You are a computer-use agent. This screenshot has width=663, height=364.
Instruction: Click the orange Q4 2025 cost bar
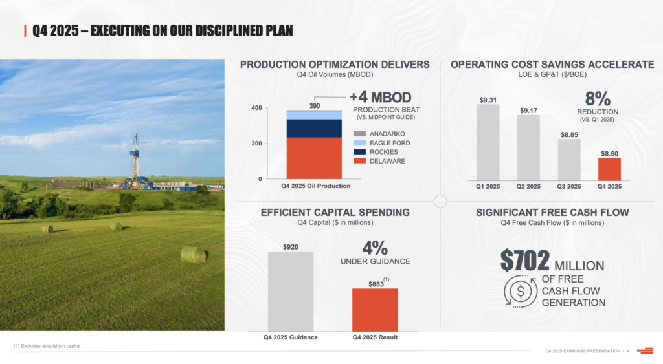[609, 169]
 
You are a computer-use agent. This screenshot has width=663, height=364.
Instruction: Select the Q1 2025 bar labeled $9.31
[488, 142]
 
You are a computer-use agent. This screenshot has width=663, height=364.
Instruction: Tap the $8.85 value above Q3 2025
[569, 134]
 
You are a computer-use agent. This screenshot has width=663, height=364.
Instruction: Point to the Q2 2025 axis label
[528, 187]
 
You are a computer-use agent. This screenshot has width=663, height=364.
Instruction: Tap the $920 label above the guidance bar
[291, 247]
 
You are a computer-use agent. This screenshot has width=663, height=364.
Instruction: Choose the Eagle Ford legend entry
[389, 143]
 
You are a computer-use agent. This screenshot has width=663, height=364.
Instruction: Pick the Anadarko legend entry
[387, 133]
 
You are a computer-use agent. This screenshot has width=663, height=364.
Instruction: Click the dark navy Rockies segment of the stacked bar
[314, 129]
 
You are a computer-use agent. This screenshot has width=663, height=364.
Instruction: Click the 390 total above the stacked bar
[314, 105]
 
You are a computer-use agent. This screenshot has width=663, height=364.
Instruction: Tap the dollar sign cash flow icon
[519, 291]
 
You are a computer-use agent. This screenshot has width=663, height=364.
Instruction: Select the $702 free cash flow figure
[525, 261]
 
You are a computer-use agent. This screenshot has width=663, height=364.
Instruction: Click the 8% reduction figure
[597, 99]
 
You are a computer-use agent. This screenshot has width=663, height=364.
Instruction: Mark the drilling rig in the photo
[136, 162]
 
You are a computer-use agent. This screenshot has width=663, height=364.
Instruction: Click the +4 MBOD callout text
[380, 98]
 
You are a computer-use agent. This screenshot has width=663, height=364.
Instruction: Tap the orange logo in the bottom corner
[645, 351]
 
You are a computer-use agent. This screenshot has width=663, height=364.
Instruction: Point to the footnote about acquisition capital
[47, 347]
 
